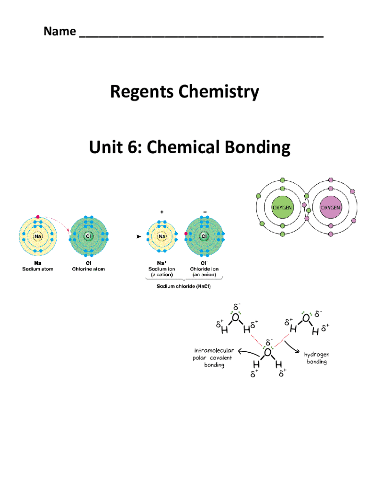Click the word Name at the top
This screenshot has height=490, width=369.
point(59,32)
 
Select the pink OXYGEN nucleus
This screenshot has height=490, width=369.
point(330,208)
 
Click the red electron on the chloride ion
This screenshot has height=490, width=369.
point(185,234)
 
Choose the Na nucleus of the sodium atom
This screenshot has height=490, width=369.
point(38,236)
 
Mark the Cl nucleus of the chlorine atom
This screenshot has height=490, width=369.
point(89,236)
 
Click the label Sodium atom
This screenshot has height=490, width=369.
point(38,269)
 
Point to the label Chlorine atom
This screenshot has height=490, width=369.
point(88,269)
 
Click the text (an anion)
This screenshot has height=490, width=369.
point(204,275)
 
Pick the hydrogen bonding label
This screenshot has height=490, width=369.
point(317,358)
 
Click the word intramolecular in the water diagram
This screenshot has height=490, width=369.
point(214,350)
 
